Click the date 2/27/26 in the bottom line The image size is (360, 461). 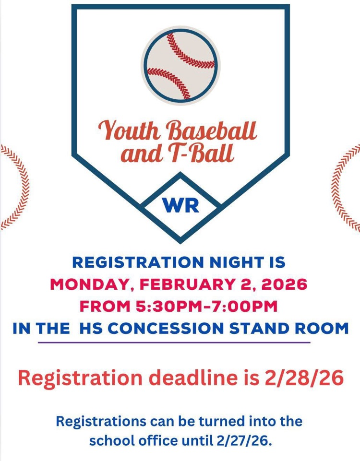point(245,440)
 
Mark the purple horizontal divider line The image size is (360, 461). point(174,343)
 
